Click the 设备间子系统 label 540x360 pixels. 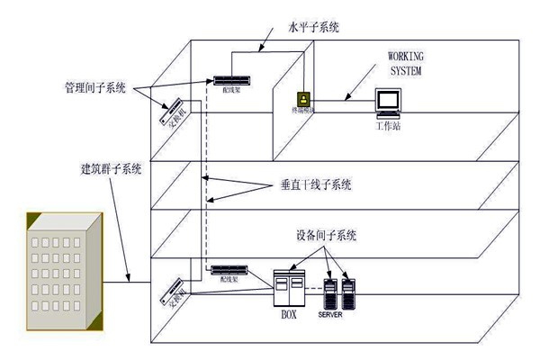click(x=326, y=237)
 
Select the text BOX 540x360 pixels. click(x=289, y=316)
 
